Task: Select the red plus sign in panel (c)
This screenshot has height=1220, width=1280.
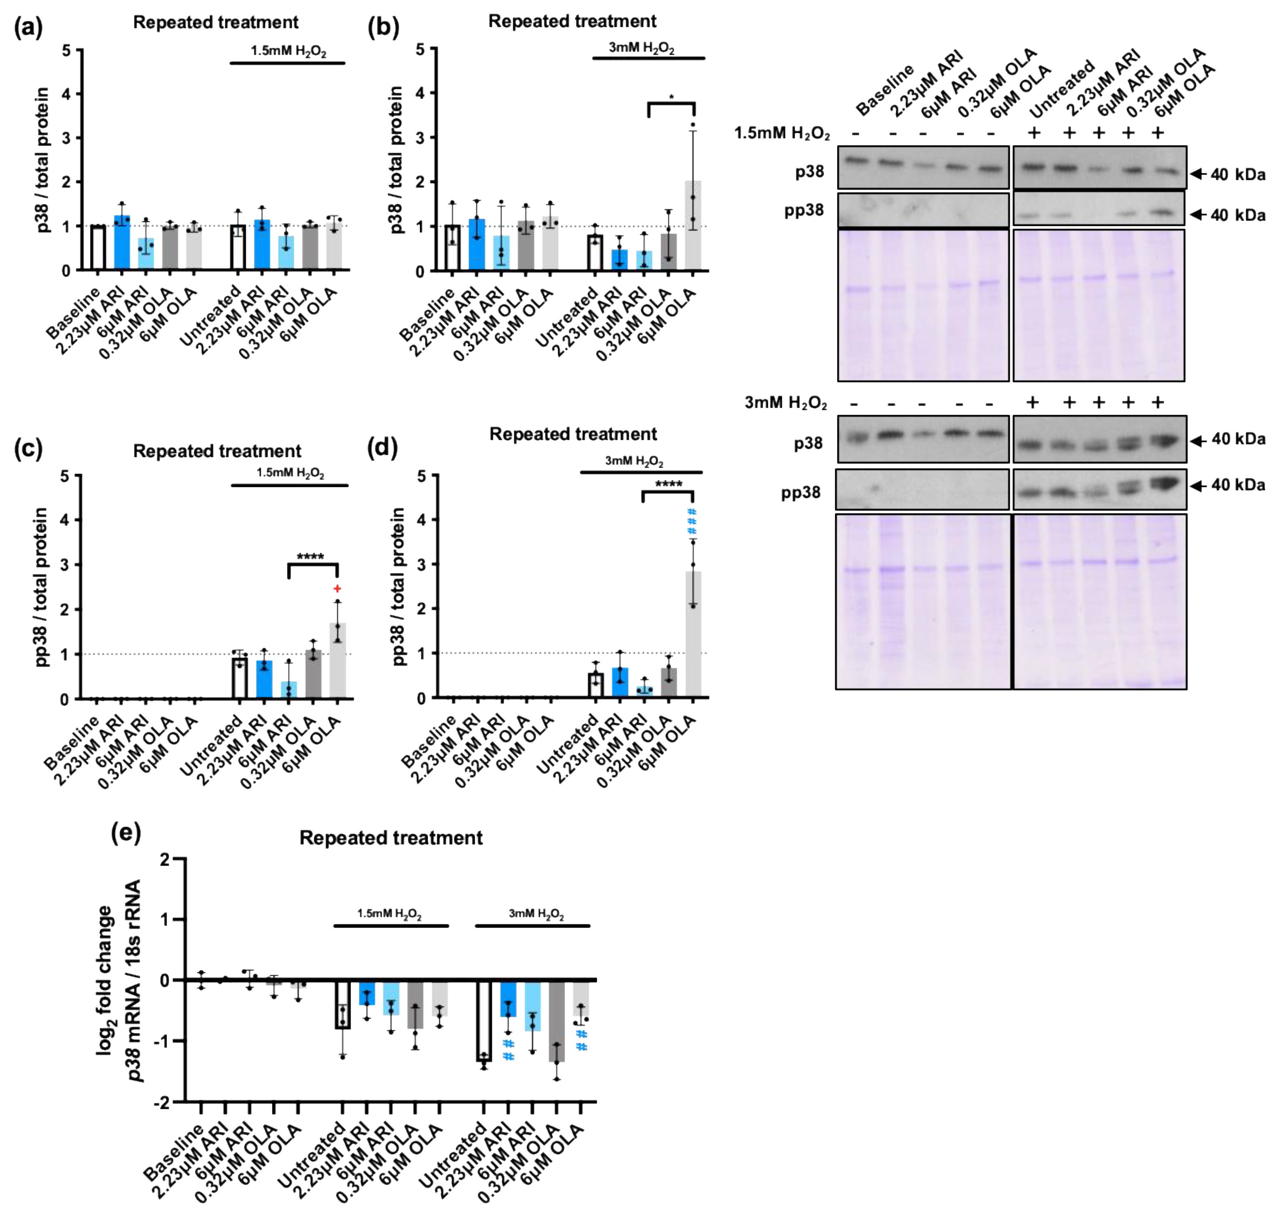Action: [337, 589]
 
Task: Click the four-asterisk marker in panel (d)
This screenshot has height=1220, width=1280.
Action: [668, 484]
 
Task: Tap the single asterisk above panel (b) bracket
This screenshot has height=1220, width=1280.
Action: [671, 98]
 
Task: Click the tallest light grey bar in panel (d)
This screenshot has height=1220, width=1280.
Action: [693, 634]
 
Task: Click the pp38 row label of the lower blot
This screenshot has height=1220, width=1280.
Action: [801, 492]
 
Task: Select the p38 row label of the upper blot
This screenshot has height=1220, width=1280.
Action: [809, 172]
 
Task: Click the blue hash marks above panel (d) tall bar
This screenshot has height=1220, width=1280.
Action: [692, 522]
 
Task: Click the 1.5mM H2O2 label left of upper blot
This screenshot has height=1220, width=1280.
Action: [781, 133]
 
